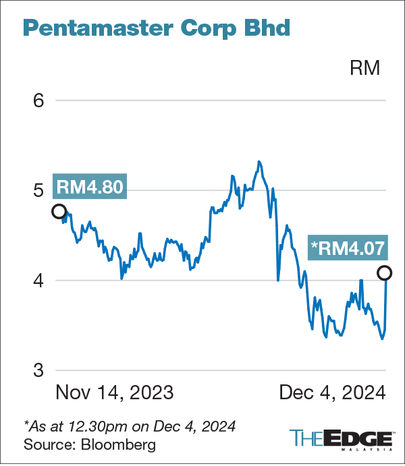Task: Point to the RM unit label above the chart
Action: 364,68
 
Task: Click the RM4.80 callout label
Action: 90,187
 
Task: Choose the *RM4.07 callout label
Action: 348,247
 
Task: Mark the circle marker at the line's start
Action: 59,211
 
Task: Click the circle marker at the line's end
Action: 384,273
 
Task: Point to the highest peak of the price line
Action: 259,162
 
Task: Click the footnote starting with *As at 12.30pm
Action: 130,426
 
